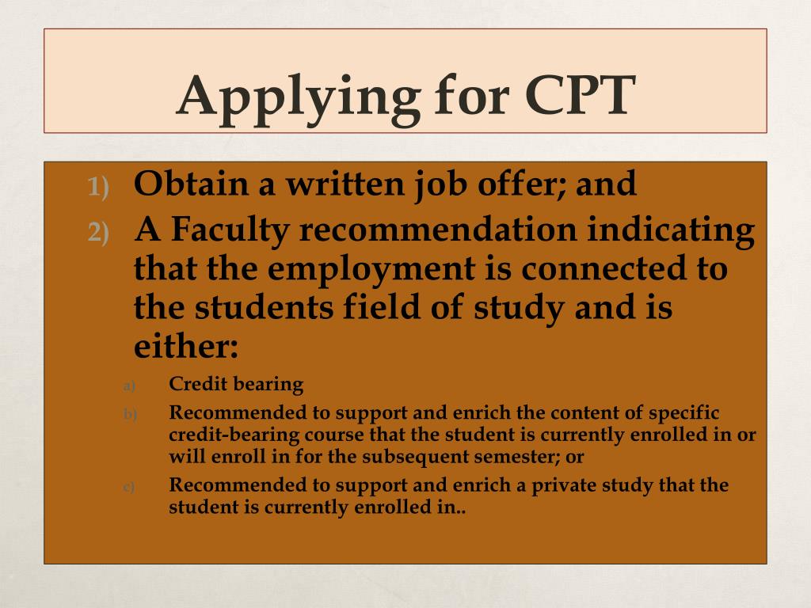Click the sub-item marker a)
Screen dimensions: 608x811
tap(130, 386)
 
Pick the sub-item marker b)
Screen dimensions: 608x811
tap(130, 414)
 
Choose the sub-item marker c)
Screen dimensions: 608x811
tap(130, 486)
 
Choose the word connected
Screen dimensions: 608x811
tap(603, 268)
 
